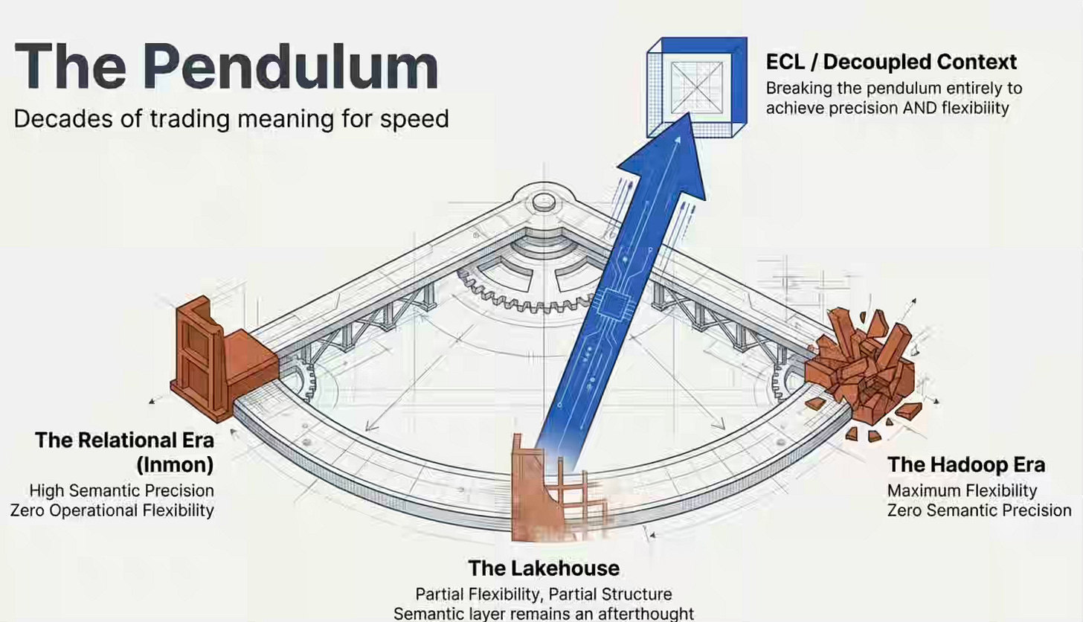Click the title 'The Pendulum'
[225, 68]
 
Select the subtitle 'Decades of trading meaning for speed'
[231, 118]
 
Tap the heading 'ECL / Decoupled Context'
[891, 62]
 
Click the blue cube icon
[695, 86]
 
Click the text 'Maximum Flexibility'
[962, 491]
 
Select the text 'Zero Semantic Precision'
[979, 510]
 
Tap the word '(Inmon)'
[175, 465]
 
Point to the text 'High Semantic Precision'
[121, 491]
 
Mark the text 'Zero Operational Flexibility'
[112, 510]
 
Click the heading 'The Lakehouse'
[544, 568]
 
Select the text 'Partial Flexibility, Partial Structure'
[544, 595]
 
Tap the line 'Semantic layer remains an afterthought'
[544, 614]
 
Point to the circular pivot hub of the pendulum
[542, 199]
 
